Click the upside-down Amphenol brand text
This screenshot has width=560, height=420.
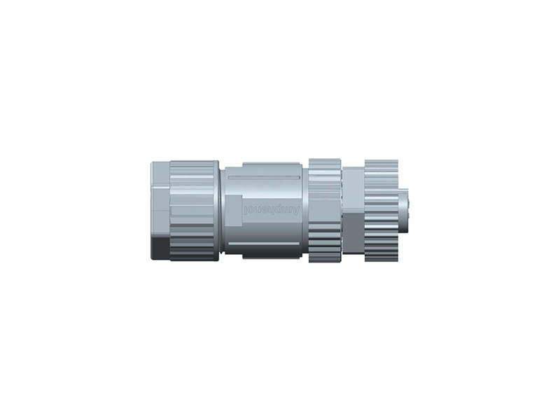272,210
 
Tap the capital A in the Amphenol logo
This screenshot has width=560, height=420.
296,210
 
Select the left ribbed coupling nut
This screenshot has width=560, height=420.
194,210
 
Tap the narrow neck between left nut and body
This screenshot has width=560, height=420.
221,210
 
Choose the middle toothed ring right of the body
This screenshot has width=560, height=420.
325,210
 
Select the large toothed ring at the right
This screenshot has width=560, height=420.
381,210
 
